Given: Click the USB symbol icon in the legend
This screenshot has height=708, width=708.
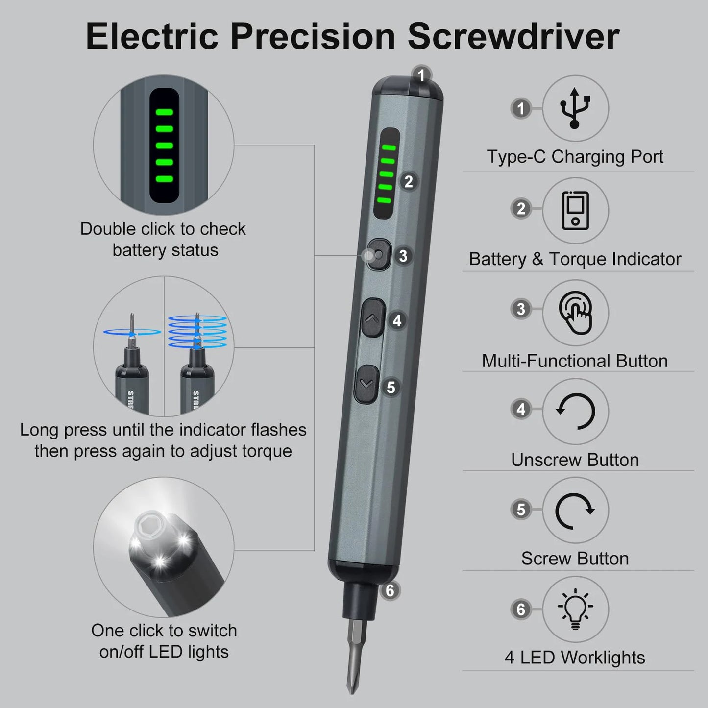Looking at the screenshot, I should point(575,108).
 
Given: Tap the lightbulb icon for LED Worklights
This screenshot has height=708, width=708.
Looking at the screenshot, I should point(575,609).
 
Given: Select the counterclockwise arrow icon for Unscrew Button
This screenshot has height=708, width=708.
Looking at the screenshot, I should point(575,411).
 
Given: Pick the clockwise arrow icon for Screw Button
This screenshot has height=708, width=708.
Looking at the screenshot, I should point(575,510).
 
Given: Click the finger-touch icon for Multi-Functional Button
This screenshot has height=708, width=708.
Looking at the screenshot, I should point(576,312).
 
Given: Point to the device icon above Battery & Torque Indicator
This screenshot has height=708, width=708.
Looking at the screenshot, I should point(575,210).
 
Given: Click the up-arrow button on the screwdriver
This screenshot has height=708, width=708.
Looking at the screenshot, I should point(372,318).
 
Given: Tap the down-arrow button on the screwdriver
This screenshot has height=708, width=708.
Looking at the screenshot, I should point(366,384).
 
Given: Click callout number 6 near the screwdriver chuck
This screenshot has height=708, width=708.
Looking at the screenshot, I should point(390,590).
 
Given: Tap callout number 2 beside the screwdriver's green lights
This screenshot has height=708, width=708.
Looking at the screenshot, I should point(409,182).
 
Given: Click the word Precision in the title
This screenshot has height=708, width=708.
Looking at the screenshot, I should point(313,36).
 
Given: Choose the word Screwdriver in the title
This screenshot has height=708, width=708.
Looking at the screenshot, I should point(513,36).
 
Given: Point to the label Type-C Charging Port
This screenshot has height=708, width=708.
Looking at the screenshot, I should point(575,157).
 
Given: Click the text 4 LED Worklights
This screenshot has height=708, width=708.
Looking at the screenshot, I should point(575,658).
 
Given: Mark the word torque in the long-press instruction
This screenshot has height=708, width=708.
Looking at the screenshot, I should point(265,451).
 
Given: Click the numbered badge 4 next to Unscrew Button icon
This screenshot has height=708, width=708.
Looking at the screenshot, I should point(521,409).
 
